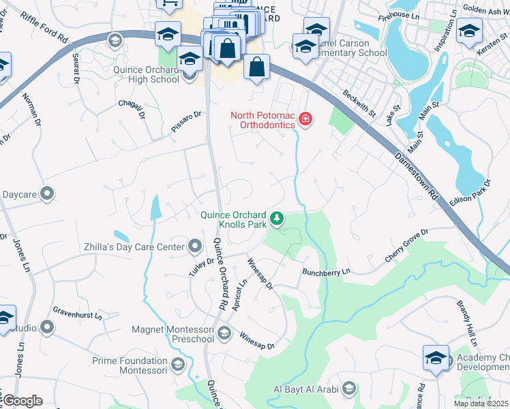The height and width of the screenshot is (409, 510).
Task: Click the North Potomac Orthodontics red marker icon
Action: (305, 121)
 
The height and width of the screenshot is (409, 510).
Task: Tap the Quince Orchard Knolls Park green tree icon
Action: (277, 218)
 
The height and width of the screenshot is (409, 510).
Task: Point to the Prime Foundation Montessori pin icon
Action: (178, 365)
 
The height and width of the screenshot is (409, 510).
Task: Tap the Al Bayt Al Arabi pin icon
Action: (348, 389)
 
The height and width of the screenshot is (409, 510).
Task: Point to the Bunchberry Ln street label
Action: (326, 271)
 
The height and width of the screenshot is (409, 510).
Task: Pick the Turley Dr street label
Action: (201, 264)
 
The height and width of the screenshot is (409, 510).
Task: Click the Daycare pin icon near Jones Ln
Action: (46, 195)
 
